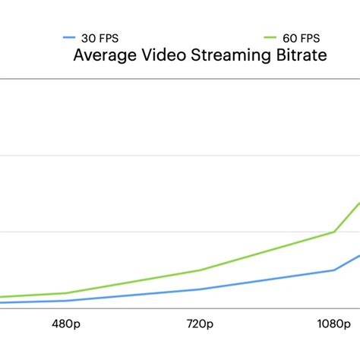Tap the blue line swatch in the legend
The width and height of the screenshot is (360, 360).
click(x=69, y=36)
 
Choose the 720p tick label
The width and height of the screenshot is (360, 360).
click(x=199, y=325)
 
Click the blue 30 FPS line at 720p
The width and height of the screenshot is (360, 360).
click(x=199, y=289)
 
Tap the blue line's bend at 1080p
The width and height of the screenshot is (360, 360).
click(x=334, y=270)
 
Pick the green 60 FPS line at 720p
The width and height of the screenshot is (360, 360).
click(x=199, y=270)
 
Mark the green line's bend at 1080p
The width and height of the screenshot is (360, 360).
click(x=334, y=232)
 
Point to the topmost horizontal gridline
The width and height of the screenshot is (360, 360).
click(x=180, y=78)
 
